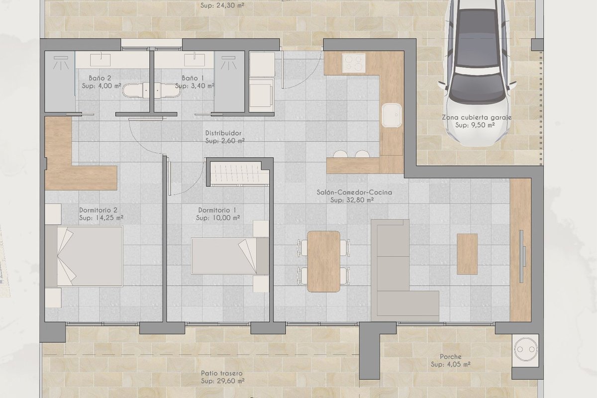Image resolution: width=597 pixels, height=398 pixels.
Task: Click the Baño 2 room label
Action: click(100, 78)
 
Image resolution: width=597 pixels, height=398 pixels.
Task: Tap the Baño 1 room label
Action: click(193, 78)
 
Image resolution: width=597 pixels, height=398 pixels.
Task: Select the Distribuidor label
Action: click(223, 133)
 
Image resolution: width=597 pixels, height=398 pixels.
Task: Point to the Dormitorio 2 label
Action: click(98, 210)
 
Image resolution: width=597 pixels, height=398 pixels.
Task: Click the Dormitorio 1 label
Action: click(217, 210)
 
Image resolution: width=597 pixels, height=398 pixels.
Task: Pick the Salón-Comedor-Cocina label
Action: click(354, 192)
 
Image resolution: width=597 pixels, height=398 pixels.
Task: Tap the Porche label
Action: click(451, 356)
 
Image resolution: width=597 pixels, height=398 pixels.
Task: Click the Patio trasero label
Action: click(222, 373)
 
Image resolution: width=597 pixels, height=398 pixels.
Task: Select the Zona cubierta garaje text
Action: click(477, 117)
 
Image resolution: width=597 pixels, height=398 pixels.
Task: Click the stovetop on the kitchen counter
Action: click(354, 63)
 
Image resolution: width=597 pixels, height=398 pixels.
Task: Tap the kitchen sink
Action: click(392, 115)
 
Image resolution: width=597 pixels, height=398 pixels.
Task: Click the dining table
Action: click(323, 261)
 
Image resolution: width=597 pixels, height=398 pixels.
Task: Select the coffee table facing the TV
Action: click(467, 254)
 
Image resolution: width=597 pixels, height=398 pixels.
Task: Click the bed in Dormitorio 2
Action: click(84, 256)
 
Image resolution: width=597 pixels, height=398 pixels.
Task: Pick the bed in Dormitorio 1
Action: click(230, 256)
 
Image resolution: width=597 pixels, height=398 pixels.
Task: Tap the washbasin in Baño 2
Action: click(100, 60)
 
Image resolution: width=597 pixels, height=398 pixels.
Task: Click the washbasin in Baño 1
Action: click(195, 60)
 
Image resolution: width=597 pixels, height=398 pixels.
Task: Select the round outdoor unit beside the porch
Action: click(525, 349)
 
